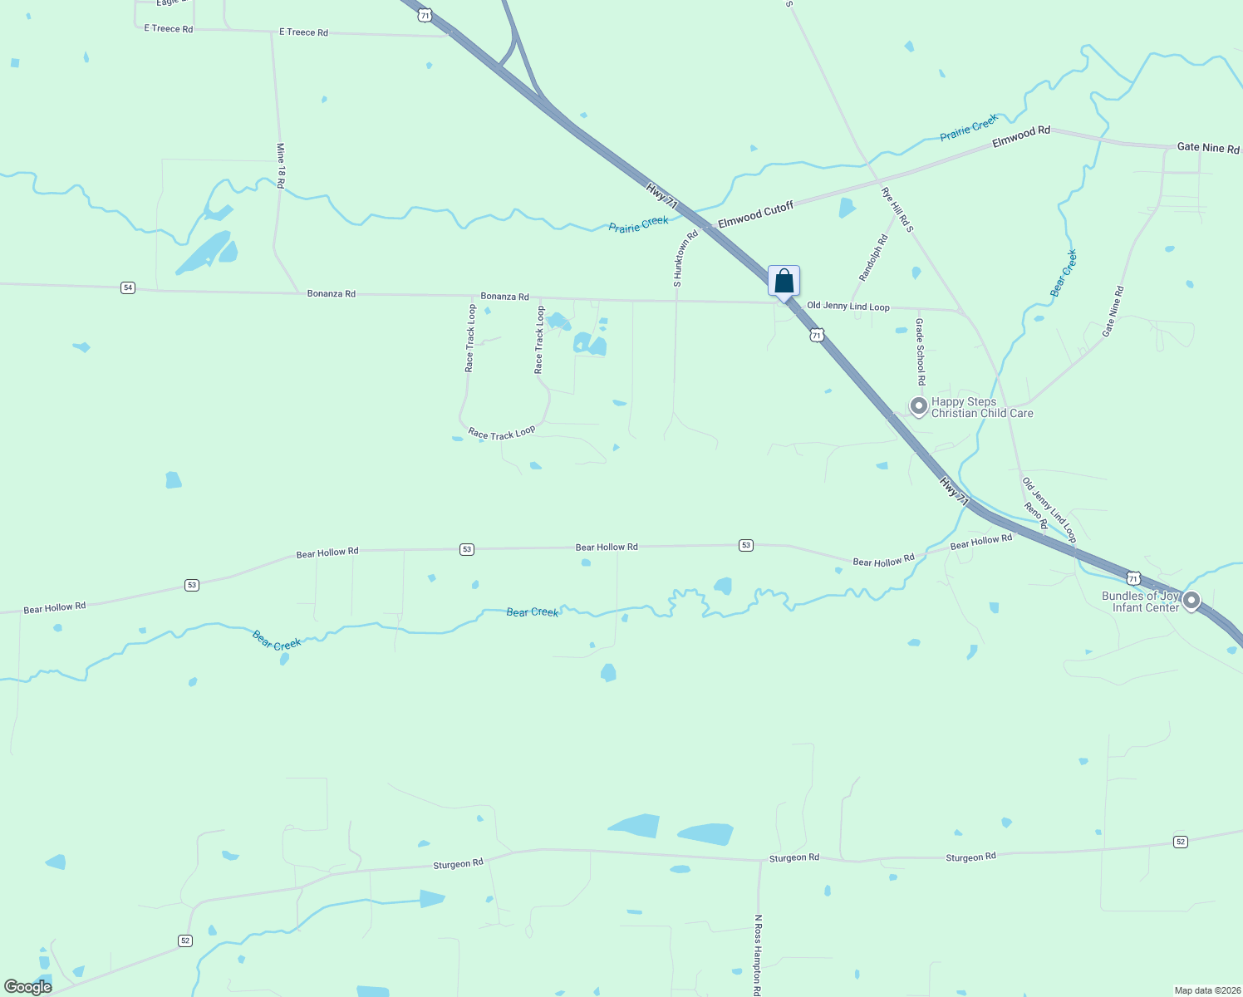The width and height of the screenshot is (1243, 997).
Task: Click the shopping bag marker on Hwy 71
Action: tap(784, 282)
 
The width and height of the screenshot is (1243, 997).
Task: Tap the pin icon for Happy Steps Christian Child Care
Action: tap(918, 406)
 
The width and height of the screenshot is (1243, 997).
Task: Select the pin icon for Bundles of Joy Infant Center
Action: tap(1191, 600)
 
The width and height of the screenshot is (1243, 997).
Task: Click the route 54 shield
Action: tap(127, 287)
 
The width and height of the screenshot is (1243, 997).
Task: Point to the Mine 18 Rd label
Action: tap(281, 165)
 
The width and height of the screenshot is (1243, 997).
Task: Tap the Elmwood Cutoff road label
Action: tap(755, 214)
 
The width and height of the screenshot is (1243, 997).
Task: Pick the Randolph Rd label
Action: tap(873, 258)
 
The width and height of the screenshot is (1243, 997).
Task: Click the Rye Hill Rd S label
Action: tap(897, 209)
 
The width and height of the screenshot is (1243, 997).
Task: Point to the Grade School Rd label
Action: tap(921, 351)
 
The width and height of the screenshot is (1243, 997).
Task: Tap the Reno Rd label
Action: tap(1036, 516)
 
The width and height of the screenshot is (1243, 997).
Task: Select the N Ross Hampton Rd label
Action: tap(758, 955)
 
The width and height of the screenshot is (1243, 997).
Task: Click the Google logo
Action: tap(28, 987)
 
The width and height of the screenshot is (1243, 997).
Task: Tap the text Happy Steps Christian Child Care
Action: tap(982, 407)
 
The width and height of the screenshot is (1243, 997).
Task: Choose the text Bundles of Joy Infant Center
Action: tap(1140, 602)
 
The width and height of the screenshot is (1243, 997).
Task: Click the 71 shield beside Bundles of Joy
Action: tap(1133, 577)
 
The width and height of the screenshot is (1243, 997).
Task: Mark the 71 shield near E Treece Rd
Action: tap(425, 15)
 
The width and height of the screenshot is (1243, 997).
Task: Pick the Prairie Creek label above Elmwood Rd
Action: tap(969, 128)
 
